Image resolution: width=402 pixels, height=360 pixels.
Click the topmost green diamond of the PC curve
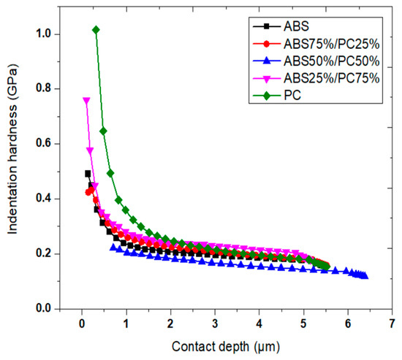click(96, 29)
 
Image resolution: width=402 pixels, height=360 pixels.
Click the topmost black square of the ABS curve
click(88, 174)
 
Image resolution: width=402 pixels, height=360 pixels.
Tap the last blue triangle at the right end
click(365, 276)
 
